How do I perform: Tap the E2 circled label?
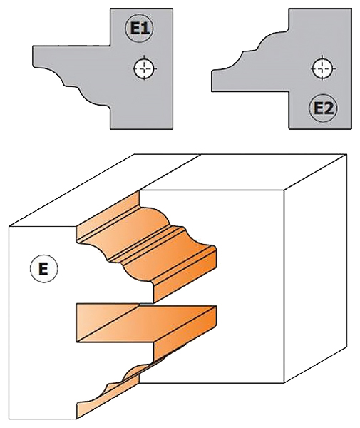click(x=323, y=108)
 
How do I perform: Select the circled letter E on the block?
click(x=43, y=269)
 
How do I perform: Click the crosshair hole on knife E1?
click(x=145, y=68)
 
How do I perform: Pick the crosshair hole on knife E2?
click(x=323, y=68)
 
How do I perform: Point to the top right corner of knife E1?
click(x=173, y=9)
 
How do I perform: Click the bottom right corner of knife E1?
click(x=173, y=129)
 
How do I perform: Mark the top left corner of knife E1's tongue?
click(x=33, y=46)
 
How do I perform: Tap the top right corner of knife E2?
click(x=351, y=9)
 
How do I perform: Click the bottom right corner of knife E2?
click(x=351, y=129)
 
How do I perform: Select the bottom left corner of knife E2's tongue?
click(x=212, y=91)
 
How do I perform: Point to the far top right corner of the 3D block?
click(x=346, y=155)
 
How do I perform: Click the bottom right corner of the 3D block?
click(x=346, y=347)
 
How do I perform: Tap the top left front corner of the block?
click(x=9, y=226)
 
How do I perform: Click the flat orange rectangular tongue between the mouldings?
click(x=146, y=324)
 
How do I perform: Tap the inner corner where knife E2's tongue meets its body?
click(x=289, y=91)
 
